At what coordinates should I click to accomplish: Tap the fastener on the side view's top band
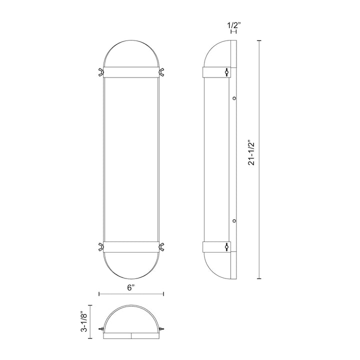pos(226,72)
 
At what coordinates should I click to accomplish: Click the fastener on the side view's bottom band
pos(226,246)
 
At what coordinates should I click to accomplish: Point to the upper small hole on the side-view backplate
pos(233,98)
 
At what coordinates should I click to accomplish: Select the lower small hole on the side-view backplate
pos(233,220)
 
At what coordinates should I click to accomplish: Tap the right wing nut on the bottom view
pos(162,329)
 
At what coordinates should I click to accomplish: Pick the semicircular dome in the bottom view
pos(131,320)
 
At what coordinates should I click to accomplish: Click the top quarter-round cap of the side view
pos(218,54)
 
